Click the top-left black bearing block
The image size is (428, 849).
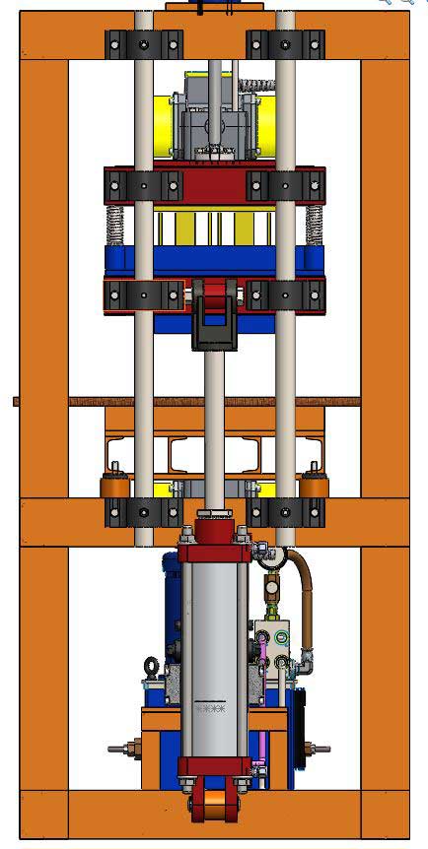tap(144, 44)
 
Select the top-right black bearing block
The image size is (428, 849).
tap(285, 44)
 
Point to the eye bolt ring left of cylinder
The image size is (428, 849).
tap(151, 664)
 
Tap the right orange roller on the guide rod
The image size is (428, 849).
tap(315, 487)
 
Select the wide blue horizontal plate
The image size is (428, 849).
tap(215, 261)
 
